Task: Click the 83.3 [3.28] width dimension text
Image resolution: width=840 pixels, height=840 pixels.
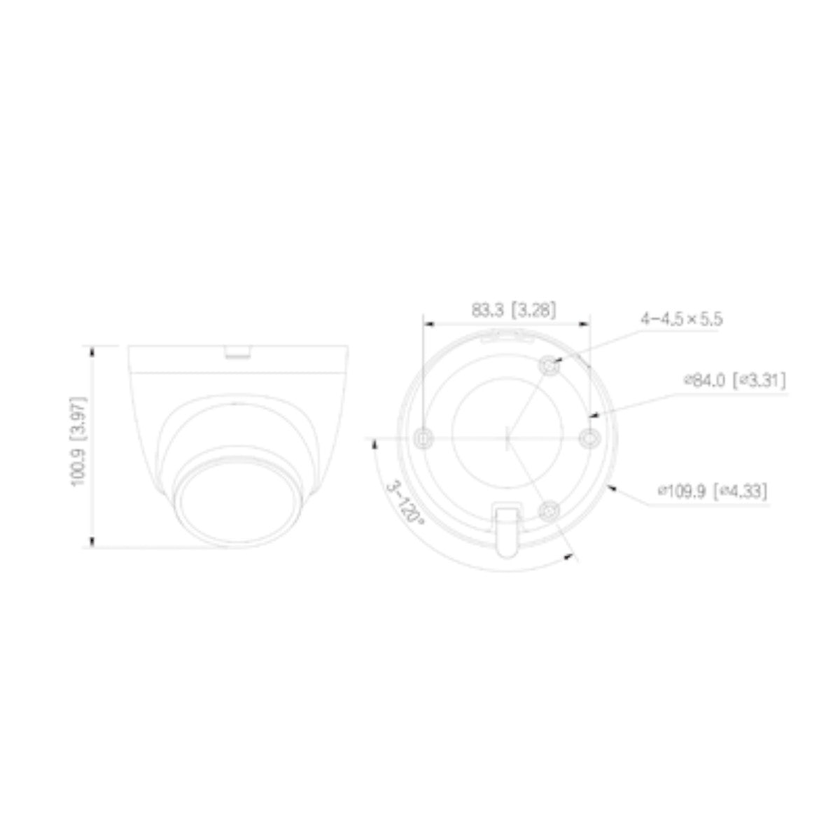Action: coord(514,310)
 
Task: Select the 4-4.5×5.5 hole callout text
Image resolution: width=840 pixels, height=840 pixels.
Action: coord(681,319)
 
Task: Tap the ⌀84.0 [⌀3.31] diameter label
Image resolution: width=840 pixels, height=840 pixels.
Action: coord(734,381)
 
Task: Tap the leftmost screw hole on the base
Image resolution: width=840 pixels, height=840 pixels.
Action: coord(423,439)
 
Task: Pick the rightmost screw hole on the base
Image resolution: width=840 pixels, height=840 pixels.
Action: coord(591,439)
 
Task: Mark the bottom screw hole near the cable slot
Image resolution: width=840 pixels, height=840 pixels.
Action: coord(550,511)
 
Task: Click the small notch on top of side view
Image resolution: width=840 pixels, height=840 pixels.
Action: coord(237,353)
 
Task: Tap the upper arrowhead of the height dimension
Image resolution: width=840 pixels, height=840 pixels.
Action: coord(92,350)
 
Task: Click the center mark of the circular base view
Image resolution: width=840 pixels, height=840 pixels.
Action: coord(507,439)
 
